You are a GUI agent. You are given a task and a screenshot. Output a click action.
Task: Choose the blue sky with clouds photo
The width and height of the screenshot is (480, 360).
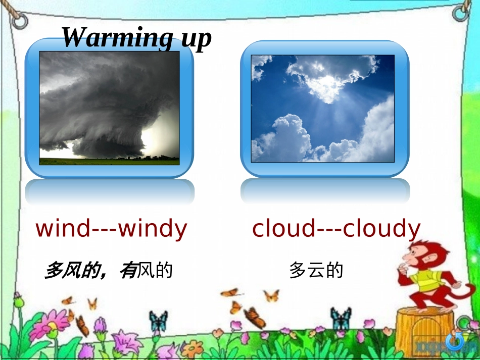(x=323, y=109)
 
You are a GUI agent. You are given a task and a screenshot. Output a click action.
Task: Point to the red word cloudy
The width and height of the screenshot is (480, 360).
(x=381, y=229)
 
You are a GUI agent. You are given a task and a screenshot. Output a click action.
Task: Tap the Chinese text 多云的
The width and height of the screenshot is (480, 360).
(x=316, y=270)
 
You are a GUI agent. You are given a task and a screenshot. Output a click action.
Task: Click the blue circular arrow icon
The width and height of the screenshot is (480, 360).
(x=455, y=342)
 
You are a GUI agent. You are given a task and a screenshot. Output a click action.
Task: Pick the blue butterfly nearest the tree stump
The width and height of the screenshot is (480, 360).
(x=341, y=318)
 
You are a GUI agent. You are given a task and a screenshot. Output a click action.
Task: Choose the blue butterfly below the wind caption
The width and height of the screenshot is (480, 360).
(x=158, y=321)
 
